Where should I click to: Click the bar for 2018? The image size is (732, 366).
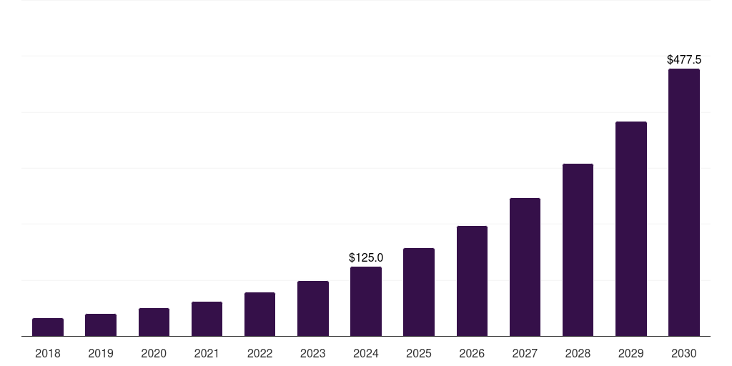point(48,327)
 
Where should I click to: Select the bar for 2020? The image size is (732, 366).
point(154,322)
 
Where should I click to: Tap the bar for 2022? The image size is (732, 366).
point(259,315)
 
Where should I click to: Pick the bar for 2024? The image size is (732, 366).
point(366,302)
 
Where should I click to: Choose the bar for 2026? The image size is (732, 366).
point(472,281)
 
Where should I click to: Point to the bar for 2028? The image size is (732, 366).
point(578,250)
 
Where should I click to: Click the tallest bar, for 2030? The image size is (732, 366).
point(684,202)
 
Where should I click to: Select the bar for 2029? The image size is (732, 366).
point(631,229)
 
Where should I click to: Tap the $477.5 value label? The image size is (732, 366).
point(684,60)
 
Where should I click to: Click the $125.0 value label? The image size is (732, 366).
point(366,257)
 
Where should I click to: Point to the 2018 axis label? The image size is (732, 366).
point(48,353)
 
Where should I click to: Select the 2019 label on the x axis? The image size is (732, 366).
point(101,353)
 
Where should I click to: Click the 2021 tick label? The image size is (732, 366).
point(207,353)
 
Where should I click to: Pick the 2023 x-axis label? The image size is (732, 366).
point(313,353)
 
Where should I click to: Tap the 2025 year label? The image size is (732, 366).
point(419,353)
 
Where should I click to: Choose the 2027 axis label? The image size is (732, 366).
point(525,353)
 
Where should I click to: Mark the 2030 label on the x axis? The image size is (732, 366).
point(684,353)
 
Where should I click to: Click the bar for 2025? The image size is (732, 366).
point(419,292)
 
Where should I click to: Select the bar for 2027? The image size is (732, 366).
point(525,267)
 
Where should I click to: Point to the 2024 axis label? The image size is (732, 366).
point(366,353)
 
